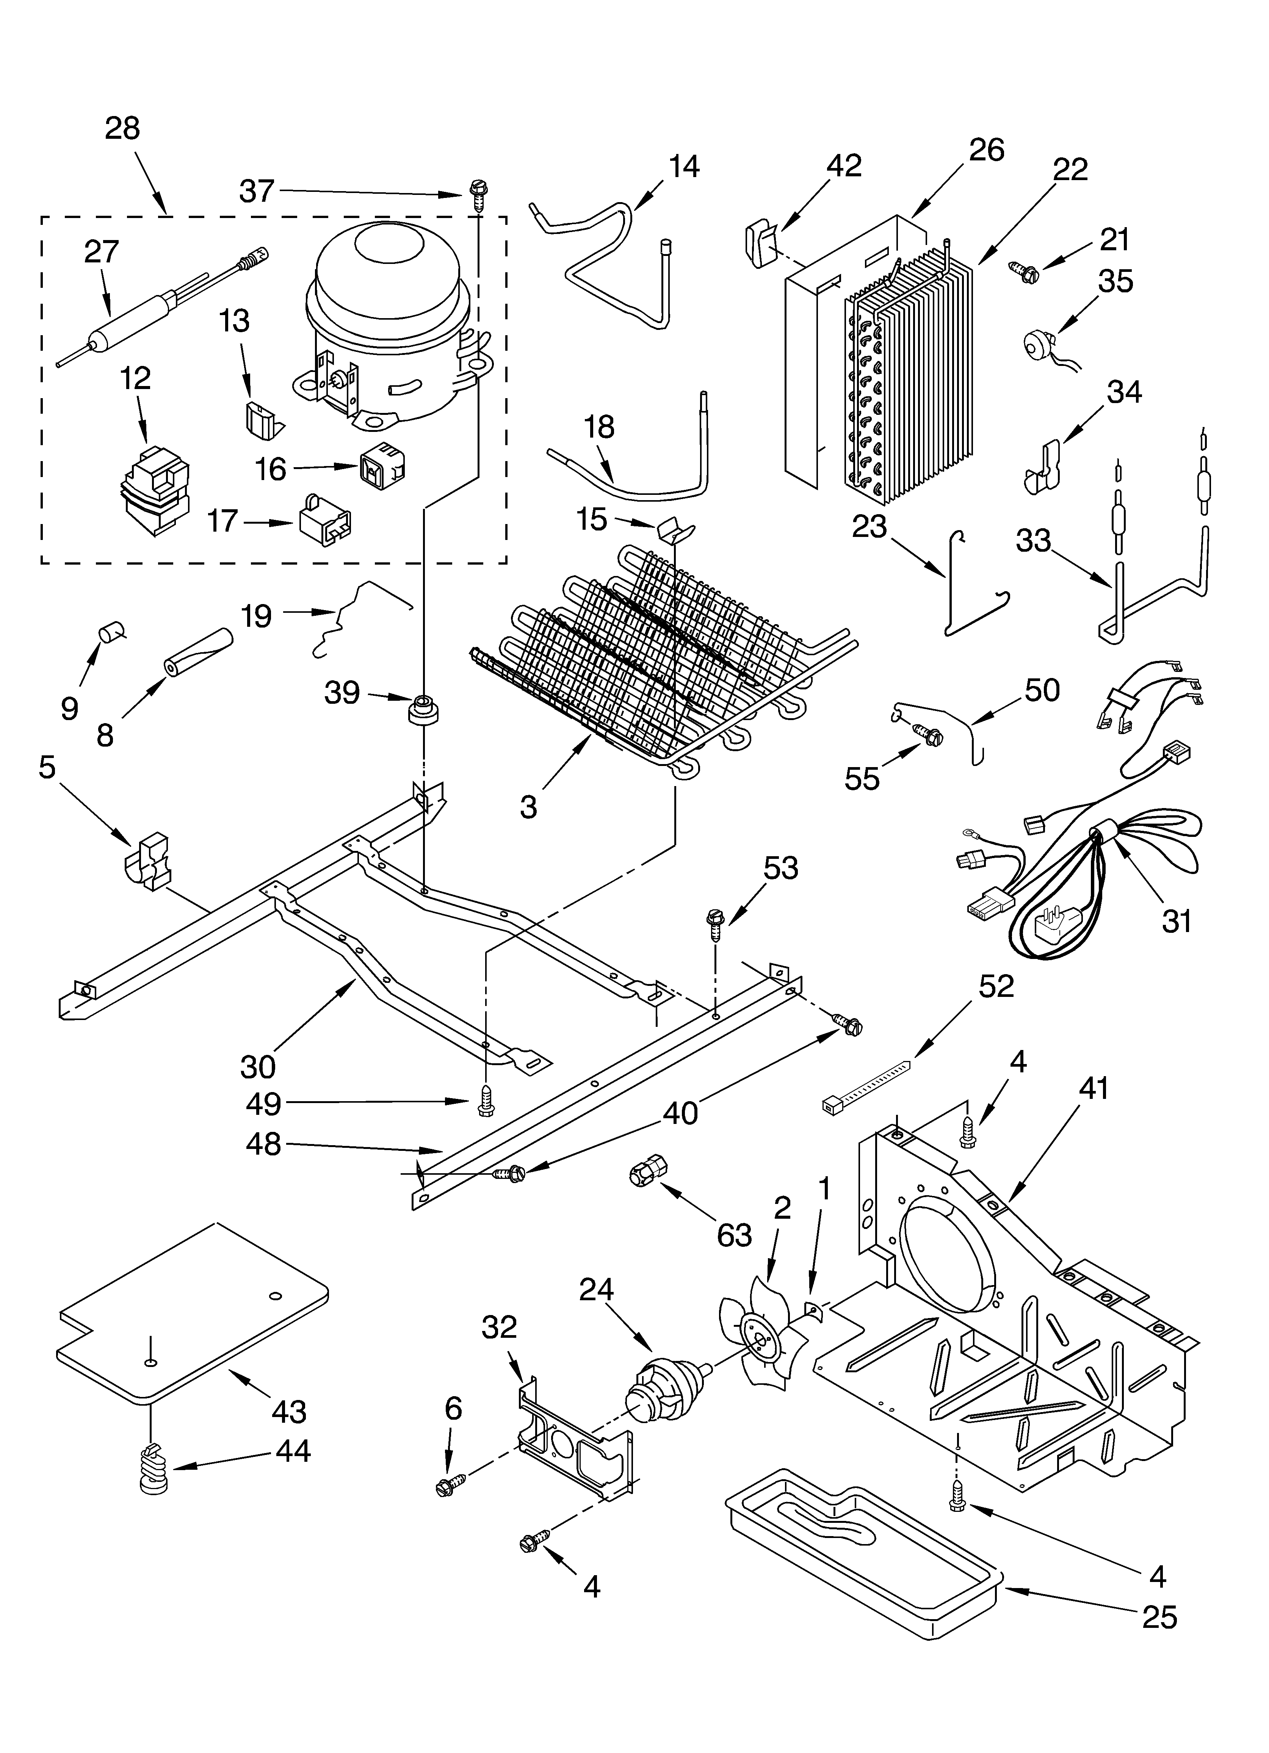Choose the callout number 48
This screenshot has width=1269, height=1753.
263,1145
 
